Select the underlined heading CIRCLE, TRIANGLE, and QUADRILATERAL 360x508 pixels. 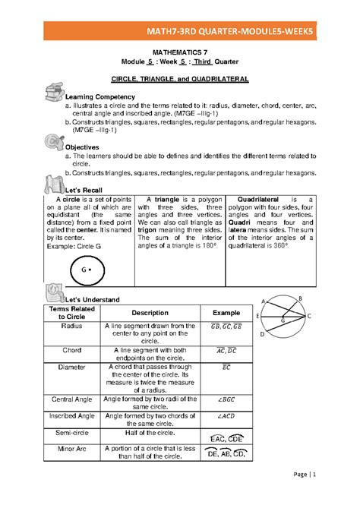coord(180,79)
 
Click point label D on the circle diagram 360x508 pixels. coord(262,334)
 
